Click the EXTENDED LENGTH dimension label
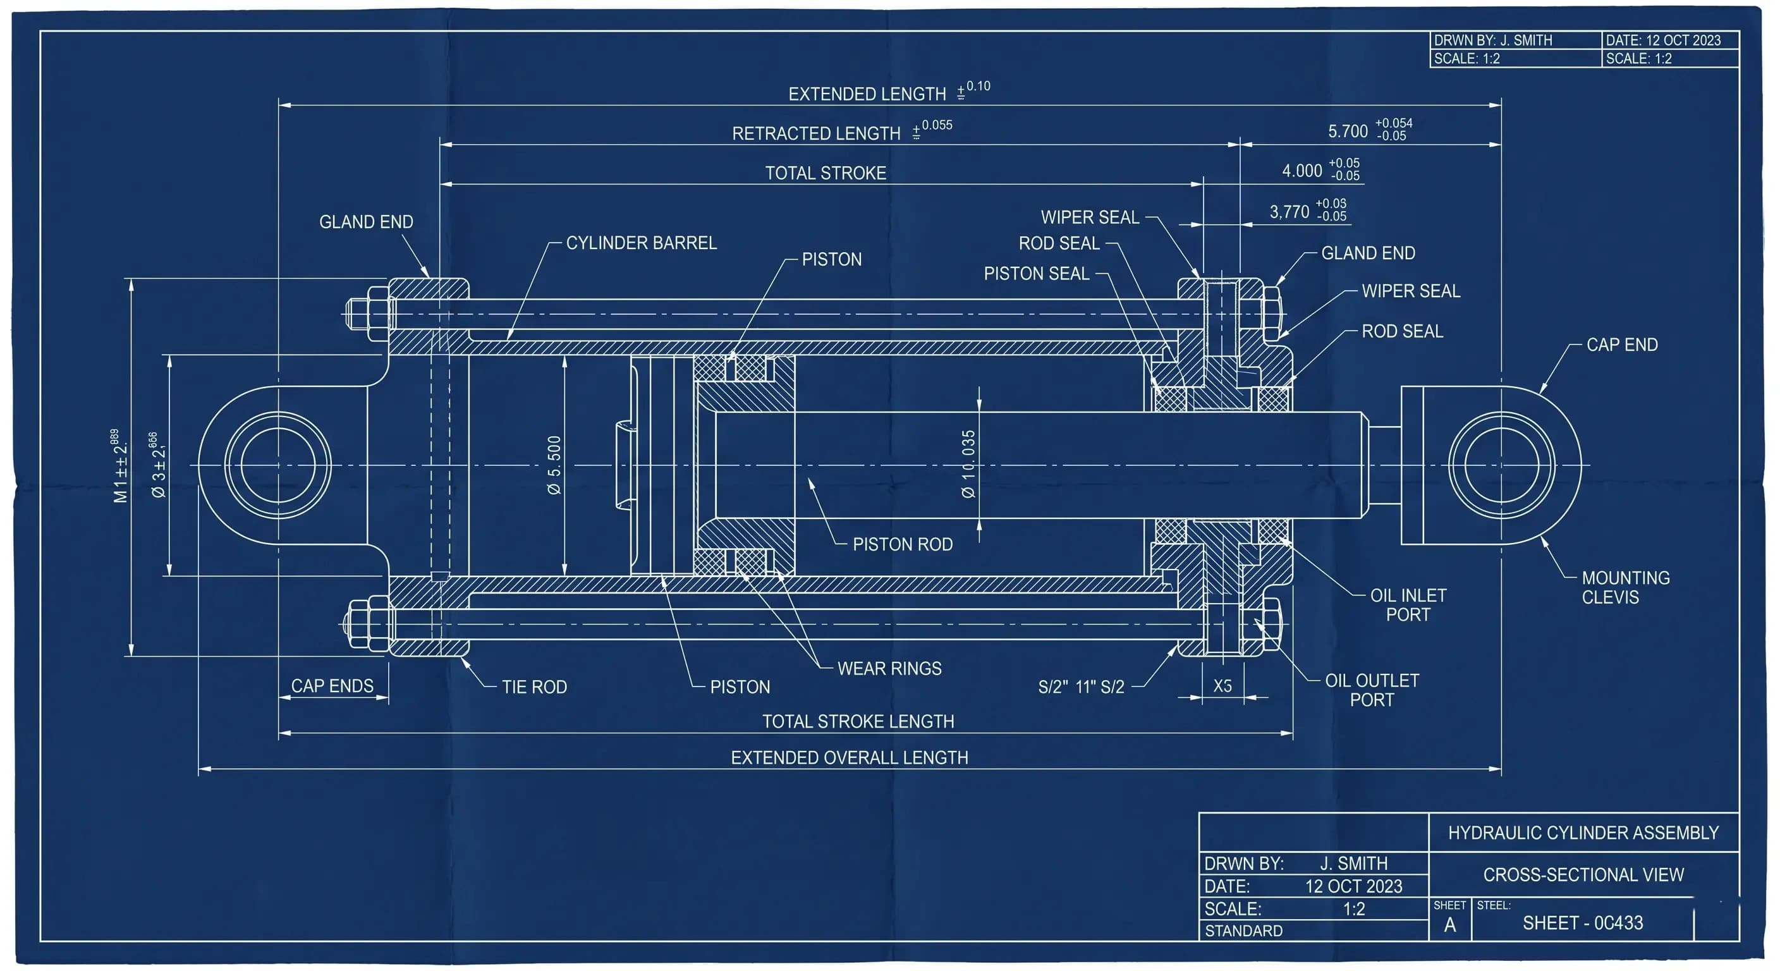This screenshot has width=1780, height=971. point(867,94)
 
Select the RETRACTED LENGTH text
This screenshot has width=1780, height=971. point(816,133)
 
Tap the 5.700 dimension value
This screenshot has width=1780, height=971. point(1348,131)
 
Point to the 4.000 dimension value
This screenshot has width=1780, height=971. point(1302,171)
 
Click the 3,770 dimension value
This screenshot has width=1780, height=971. point(1289,212)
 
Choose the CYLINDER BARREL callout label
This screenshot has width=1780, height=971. point(641,243)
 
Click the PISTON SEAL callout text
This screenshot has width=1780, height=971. point(1037,274)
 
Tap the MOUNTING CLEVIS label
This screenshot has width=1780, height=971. point(1625,587)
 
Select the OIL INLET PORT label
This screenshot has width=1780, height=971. point(1408,605)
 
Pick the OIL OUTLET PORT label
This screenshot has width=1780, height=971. point(1372,690)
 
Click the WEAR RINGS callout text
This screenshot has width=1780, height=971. point(889,668)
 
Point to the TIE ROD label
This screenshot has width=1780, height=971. point(534,687)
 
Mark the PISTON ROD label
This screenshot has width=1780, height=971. point(903,544)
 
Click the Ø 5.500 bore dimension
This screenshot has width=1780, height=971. point(554,465)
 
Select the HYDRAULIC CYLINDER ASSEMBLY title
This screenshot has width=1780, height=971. point(1583,833)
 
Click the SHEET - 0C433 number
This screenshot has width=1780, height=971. point(1582,922)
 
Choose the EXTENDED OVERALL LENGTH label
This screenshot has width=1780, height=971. point(850,757)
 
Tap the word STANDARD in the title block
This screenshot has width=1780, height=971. point(1244,931)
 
